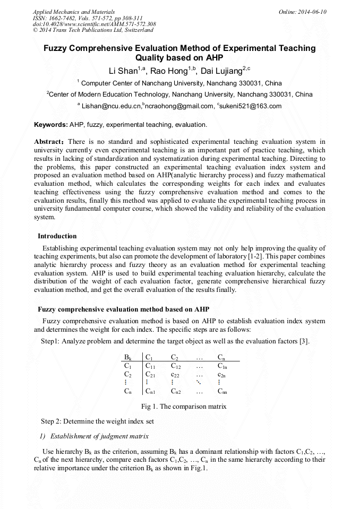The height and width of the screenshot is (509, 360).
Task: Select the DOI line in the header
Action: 94,24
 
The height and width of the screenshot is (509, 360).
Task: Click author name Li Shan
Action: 122,71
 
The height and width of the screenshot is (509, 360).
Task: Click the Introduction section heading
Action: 57,236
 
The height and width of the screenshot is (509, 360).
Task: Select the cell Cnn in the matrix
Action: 223,392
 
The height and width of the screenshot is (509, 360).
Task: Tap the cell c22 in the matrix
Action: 176,374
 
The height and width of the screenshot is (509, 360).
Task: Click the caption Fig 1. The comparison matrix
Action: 184,407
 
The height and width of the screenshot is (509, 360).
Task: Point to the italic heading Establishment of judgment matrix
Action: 99,436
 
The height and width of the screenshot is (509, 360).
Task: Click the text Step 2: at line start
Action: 53,421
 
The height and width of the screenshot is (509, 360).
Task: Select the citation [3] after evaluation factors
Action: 304,341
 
